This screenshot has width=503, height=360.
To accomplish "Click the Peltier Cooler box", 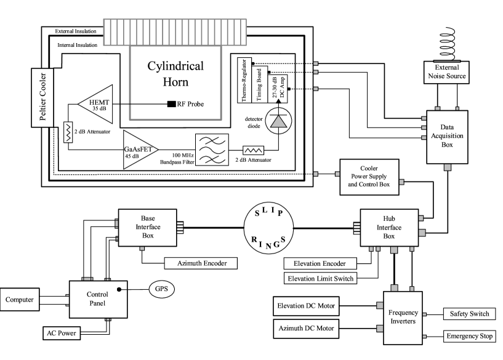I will pos(42,97).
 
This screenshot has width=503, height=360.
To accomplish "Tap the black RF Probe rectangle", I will pos(171,104).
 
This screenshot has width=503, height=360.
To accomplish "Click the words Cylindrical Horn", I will pos(174,73).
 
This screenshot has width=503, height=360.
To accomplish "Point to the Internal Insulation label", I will pos(78,46).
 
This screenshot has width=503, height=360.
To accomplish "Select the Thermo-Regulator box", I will pos(245,82).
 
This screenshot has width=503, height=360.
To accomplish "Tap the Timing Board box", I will pos(260,87).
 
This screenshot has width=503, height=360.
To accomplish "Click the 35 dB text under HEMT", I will pos(99,108).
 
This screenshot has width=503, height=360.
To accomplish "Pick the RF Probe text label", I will pos(190,104).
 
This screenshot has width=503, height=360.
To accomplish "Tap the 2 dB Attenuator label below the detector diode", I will pos(253,161).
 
